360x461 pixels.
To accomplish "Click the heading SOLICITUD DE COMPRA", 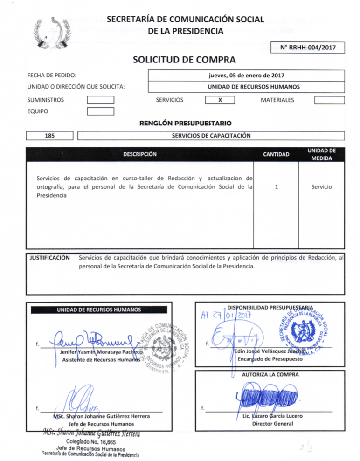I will click(x=184, y=60).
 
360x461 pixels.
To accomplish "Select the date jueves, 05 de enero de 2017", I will click(x=247, y=76).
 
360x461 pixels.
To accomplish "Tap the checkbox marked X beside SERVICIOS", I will click(x=219, y=100).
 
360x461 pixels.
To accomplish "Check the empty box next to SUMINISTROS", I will click(x=101, y=100).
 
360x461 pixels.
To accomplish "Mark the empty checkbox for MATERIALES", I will click(x=329, y=100).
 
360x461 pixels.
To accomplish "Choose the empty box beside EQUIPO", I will click(x=101, y=111).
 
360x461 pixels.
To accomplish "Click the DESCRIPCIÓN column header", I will click(x=140, y=154).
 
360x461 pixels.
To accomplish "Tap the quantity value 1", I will click(x=277, y=187).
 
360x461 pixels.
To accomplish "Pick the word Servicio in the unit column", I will click(x=322, y=187).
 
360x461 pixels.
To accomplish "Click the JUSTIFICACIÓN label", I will click(x=50, y=258).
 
